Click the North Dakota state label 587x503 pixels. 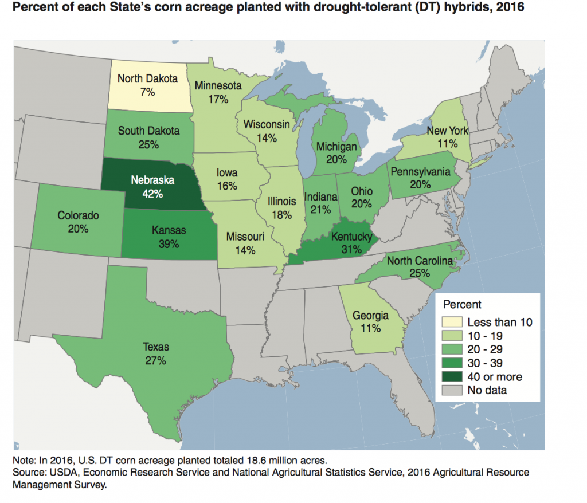[x=147, y=78]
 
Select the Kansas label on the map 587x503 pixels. [x=170, y=230]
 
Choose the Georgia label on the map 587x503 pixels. [x=370, y=316]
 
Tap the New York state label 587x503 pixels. [x=447, y=131]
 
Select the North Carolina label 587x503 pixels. [x=420, y=261]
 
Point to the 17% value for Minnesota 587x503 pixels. [x=218, y=99]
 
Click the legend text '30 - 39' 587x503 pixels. [x=487, y=363]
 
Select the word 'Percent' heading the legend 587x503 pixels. [x=462, y=304]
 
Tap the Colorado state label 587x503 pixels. [x=78, y=215]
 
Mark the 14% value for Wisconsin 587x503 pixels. [x=268, y=137]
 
